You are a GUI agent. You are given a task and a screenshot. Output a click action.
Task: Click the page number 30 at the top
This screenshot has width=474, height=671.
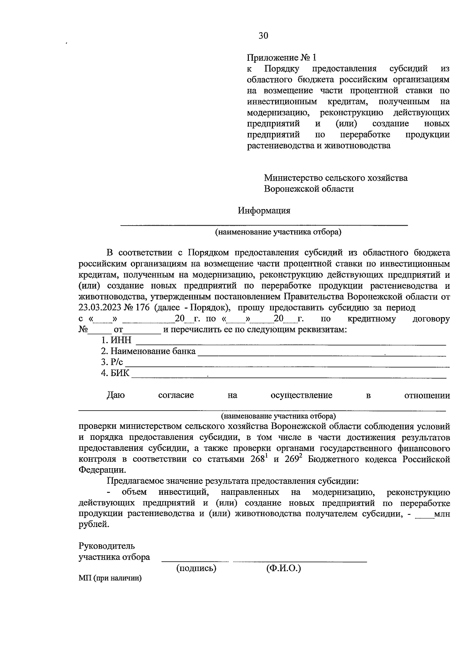(x=263, y=36)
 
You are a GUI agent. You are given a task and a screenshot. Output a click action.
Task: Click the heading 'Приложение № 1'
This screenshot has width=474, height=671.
(x=282, y=58)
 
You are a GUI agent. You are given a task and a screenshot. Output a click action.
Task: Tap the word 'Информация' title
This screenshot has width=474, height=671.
(x=264, y=211)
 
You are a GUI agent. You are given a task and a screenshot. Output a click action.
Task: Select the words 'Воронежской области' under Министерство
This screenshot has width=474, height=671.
(x=309, y=189)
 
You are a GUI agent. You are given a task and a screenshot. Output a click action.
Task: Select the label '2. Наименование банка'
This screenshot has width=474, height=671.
(x=148, y=351)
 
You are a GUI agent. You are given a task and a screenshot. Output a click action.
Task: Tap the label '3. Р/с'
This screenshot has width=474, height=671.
(x=112, y=362)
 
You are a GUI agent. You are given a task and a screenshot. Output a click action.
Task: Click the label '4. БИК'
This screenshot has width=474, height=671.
(x=115, y=373)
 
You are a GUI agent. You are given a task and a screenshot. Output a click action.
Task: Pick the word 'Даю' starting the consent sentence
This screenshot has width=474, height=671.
(x=116, y=395)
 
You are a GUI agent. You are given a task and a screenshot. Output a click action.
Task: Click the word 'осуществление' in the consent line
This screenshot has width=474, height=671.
(x=301, y=395)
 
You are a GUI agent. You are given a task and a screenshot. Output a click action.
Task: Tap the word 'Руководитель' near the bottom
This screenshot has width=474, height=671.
(x=107, y=546)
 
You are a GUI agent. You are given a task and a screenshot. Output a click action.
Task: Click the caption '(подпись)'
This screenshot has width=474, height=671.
(x=196, y=568)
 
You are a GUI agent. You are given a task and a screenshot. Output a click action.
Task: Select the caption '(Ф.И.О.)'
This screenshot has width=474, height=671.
(x=284, y=568)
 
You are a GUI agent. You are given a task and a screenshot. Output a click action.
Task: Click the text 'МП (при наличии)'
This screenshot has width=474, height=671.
(x=110, y=579)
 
